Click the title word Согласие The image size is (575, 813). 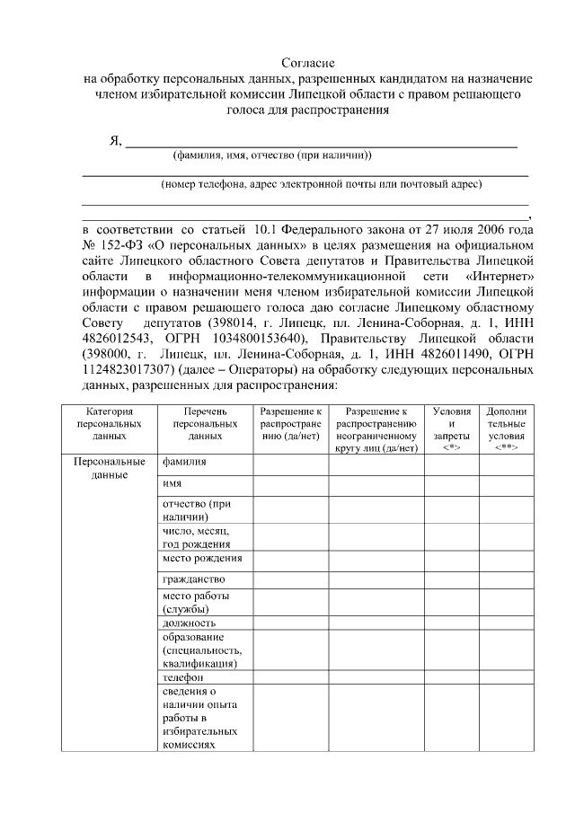tap(308, 63)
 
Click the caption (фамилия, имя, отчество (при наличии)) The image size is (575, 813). tap(272, 155)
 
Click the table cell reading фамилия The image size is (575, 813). tap(184, 462)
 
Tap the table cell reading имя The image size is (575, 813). tap(172, 484)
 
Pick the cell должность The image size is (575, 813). tap(189, 622)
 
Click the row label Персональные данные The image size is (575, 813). tap(109, 468)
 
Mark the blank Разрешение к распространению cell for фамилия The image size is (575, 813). tap(289, 462)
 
